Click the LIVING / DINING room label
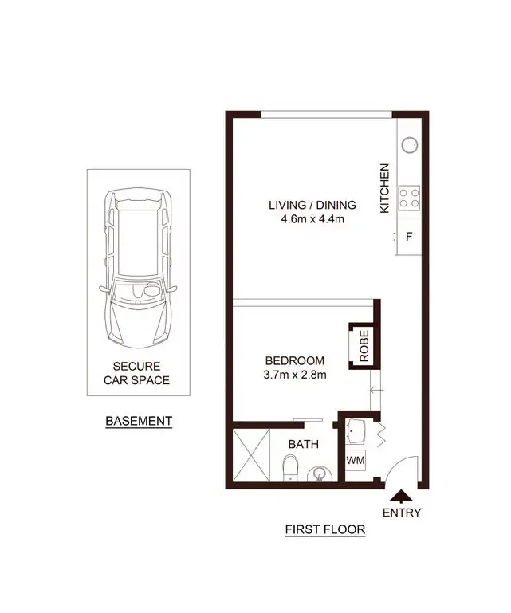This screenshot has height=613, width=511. [311, 205]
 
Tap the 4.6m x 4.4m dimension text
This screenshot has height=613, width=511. [311, 219]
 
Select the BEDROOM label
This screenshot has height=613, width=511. [295, 360]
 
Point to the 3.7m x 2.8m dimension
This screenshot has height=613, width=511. [295, 375]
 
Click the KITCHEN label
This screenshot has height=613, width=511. [385, 188]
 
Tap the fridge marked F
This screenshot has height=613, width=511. [409, 237]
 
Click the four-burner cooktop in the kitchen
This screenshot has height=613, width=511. [409, 198]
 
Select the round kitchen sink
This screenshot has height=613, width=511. [410, 146]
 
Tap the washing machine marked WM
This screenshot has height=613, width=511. [356, 461]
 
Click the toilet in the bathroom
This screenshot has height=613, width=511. [291, 467]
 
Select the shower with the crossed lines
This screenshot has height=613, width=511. [252, 456]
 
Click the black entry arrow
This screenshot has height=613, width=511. [399, 495]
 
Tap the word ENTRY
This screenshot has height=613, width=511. [401, 513]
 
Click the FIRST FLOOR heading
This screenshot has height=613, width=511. [325, 529]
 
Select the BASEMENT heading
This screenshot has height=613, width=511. [139, 420]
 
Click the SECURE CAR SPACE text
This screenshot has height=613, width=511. [137, 374]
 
